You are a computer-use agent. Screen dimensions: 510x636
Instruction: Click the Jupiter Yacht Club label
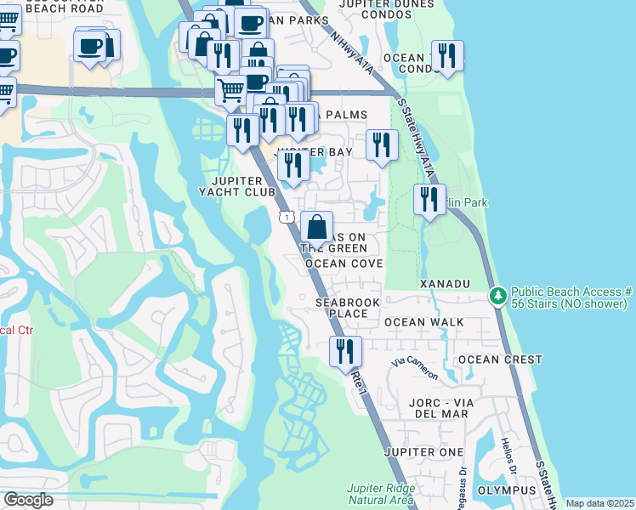[x=242, y=185]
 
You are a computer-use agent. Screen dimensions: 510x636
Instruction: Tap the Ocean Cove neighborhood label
[x=344, y=263]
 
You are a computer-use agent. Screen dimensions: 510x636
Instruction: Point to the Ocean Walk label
[x=424, y=322]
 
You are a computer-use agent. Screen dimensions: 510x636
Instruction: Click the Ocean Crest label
[x=500, y=360]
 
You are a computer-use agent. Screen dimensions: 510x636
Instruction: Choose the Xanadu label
[x=444, y=282]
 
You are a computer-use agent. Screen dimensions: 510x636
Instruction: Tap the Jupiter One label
[x=424, y=451]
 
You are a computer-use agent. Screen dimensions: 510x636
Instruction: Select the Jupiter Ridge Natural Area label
[x=381, y=494]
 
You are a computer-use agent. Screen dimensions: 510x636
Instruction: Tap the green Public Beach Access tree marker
[x=498, y=297]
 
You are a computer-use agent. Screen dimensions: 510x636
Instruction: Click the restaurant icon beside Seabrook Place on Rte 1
[x=345, y=350]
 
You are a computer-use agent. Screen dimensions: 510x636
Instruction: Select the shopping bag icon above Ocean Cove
[x=316, y=227]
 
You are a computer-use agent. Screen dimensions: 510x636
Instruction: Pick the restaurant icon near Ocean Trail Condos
[x=447, y=56]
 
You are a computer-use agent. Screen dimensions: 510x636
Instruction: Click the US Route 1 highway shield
[x=287, y=218]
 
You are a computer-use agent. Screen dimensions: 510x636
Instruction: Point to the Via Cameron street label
[x=415, y=368]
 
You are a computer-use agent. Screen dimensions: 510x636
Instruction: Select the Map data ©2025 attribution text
[x=599, y=503]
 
